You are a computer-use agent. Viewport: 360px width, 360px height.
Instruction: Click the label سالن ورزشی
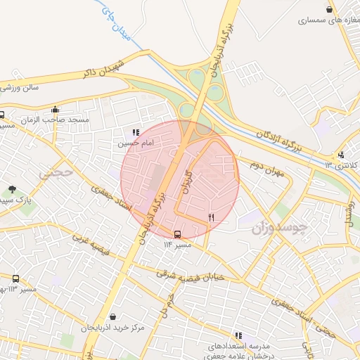tap(19, 87)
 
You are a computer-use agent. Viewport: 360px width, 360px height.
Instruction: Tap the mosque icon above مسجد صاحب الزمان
tap(55, 109)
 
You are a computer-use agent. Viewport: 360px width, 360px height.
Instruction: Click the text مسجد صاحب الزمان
tap(57, 120)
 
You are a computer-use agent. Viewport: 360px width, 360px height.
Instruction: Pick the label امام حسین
tap(134, 143)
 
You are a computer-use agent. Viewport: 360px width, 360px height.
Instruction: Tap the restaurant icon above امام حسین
tap(135, 131)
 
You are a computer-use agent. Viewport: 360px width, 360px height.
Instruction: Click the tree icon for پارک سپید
tap(12, 188)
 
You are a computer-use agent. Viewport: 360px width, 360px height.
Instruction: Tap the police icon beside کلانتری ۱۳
tap(341, 155)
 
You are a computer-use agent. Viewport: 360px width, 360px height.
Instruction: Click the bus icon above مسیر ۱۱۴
tap(176, 234)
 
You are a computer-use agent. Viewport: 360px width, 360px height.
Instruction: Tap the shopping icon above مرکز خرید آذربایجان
tap(112, 316)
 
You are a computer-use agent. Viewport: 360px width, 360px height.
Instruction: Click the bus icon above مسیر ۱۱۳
tap(15, 278)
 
